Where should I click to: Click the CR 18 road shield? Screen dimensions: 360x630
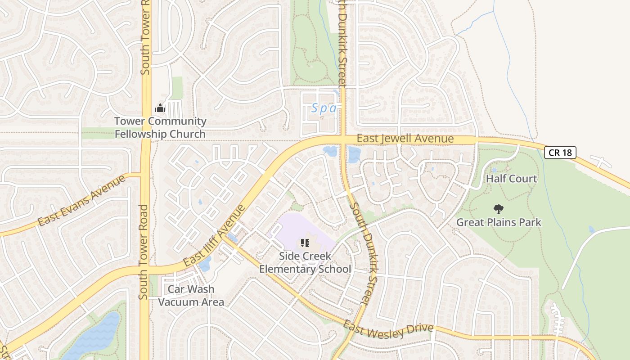click(560, 153)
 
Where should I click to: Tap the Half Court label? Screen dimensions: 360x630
click(511, 179)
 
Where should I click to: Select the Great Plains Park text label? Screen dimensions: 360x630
click(499, 222)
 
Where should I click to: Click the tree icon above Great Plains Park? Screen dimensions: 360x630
click(498, 209)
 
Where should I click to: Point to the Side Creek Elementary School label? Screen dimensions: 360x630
click(305, 263)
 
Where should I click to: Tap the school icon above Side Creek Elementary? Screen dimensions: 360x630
click(305, 243)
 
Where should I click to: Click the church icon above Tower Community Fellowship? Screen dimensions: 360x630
click(160, 108)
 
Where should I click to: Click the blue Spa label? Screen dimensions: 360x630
click(324, 108)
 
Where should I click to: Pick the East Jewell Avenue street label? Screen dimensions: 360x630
click(405, 138)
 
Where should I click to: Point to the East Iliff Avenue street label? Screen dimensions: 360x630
click(215, 235)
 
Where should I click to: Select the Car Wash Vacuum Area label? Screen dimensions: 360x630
click(191, 295)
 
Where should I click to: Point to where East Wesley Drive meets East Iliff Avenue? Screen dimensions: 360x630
click(225, 237)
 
